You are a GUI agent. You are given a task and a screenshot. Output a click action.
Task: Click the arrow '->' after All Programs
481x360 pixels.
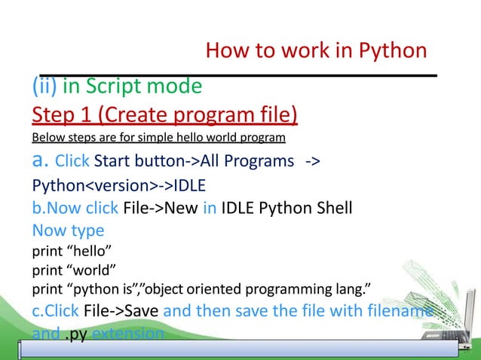point(314,162)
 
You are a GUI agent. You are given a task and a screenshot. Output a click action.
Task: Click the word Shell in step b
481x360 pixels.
point(330,208)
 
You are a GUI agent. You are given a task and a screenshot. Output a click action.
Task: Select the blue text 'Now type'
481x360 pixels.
point(68,230)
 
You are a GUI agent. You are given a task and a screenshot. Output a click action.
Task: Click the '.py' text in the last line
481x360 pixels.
point(75,334)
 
